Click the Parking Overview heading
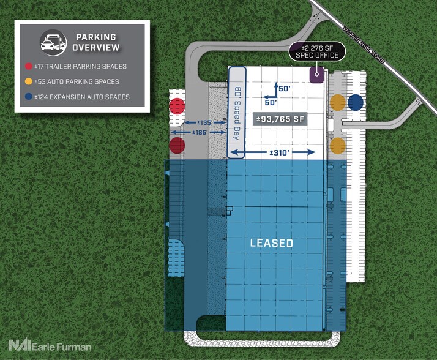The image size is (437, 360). click(x=96, y=42)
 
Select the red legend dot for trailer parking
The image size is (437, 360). click(x=28, y=66)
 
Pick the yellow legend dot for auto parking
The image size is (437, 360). click(x=28, y=81)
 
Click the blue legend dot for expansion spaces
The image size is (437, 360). click(x=28, y=97)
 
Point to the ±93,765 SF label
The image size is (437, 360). click(x=280, y=119)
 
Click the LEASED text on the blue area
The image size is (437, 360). click(x=272, y=243)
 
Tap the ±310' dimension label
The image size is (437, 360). click(x=280, y=152)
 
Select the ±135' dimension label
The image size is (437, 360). click(x=205, y=122)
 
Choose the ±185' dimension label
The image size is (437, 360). click(x=200, y=132)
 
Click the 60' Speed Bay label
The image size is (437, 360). click(x=237, y=113)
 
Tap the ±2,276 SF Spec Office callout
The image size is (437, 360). click(x=317, y=51)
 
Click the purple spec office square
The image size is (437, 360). click(x=317, y=75)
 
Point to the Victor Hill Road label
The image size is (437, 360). click(x=364, y=45)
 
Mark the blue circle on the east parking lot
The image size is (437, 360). click(x=356, y=102)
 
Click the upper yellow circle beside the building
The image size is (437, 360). click(x=338, y=102)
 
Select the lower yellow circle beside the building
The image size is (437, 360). click(x=338, y=146)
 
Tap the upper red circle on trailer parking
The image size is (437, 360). click(x=177, y=106)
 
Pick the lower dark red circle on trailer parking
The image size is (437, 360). click(x=177, y=145)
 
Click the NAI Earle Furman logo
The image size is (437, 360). click(x=50, y=345)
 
